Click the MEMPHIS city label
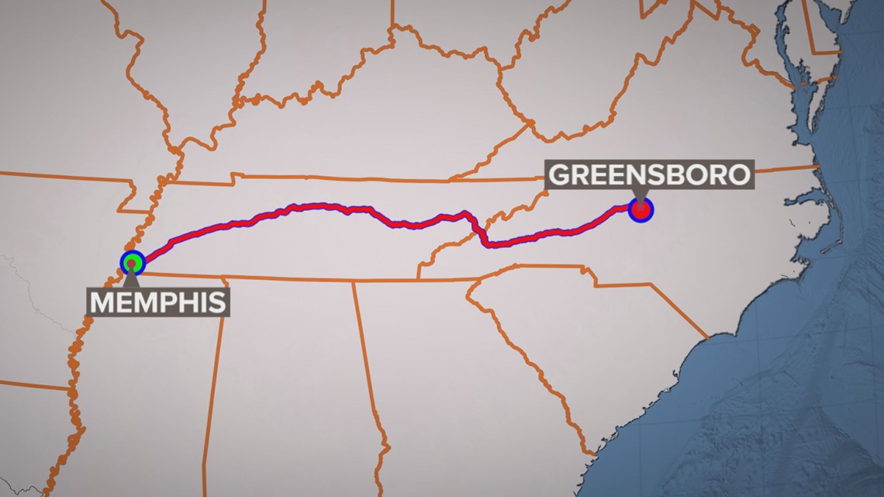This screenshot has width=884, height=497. [x=159, y=302]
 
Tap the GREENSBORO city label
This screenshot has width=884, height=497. [x=650, y=174]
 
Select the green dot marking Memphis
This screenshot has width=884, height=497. [x=133, y=263]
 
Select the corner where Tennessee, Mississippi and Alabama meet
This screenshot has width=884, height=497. [x=226, y=276]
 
